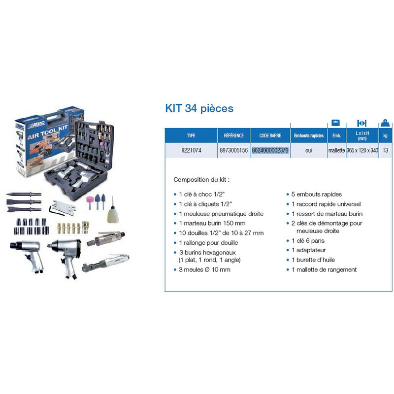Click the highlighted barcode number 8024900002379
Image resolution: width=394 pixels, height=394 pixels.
[270, 150]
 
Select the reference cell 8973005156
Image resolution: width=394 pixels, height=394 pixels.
[233, 150]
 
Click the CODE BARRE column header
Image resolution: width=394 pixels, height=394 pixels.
[270, 135]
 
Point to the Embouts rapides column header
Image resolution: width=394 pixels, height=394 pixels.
[308, 135]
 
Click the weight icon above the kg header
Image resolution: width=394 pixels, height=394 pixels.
[385, 122]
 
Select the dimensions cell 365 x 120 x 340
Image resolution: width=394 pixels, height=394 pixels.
[362, 150]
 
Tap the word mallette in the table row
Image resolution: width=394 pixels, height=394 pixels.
[336, 150]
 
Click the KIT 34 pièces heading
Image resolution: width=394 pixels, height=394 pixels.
[199, 108]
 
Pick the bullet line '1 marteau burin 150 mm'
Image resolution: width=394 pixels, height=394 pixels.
[209, 223]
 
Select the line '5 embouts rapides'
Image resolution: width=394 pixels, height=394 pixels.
[317, 195]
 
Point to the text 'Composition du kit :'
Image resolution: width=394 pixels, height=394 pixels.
[201, 180]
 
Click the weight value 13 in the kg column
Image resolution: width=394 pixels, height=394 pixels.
[384, 150]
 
